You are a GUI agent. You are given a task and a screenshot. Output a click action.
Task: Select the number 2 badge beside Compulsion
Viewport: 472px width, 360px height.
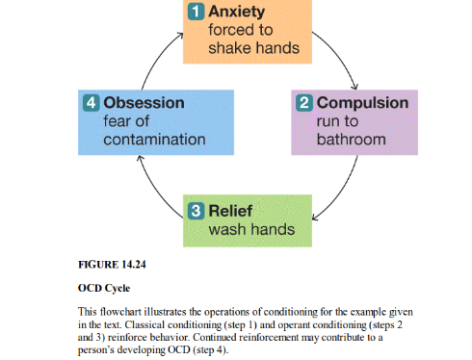click(302, 102)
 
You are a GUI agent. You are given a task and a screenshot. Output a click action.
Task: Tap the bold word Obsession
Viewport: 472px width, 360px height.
click(144, 102)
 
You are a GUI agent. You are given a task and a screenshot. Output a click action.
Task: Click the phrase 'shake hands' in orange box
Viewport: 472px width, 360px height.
click(249, 49)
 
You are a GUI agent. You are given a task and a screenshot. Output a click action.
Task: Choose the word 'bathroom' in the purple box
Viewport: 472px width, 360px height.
click(352, 139)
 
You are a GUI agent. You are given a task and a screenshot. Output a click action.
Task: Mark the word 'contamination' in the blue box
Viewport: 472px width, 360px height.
click(154, 139)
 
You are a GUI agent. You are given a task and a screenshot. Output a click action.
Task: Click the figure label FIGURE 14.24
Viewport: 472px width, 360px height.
click(114, 261)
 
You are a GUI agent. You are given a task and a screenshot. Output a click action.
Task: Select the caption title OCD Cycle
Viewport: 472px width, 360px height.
click(105, 287)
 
